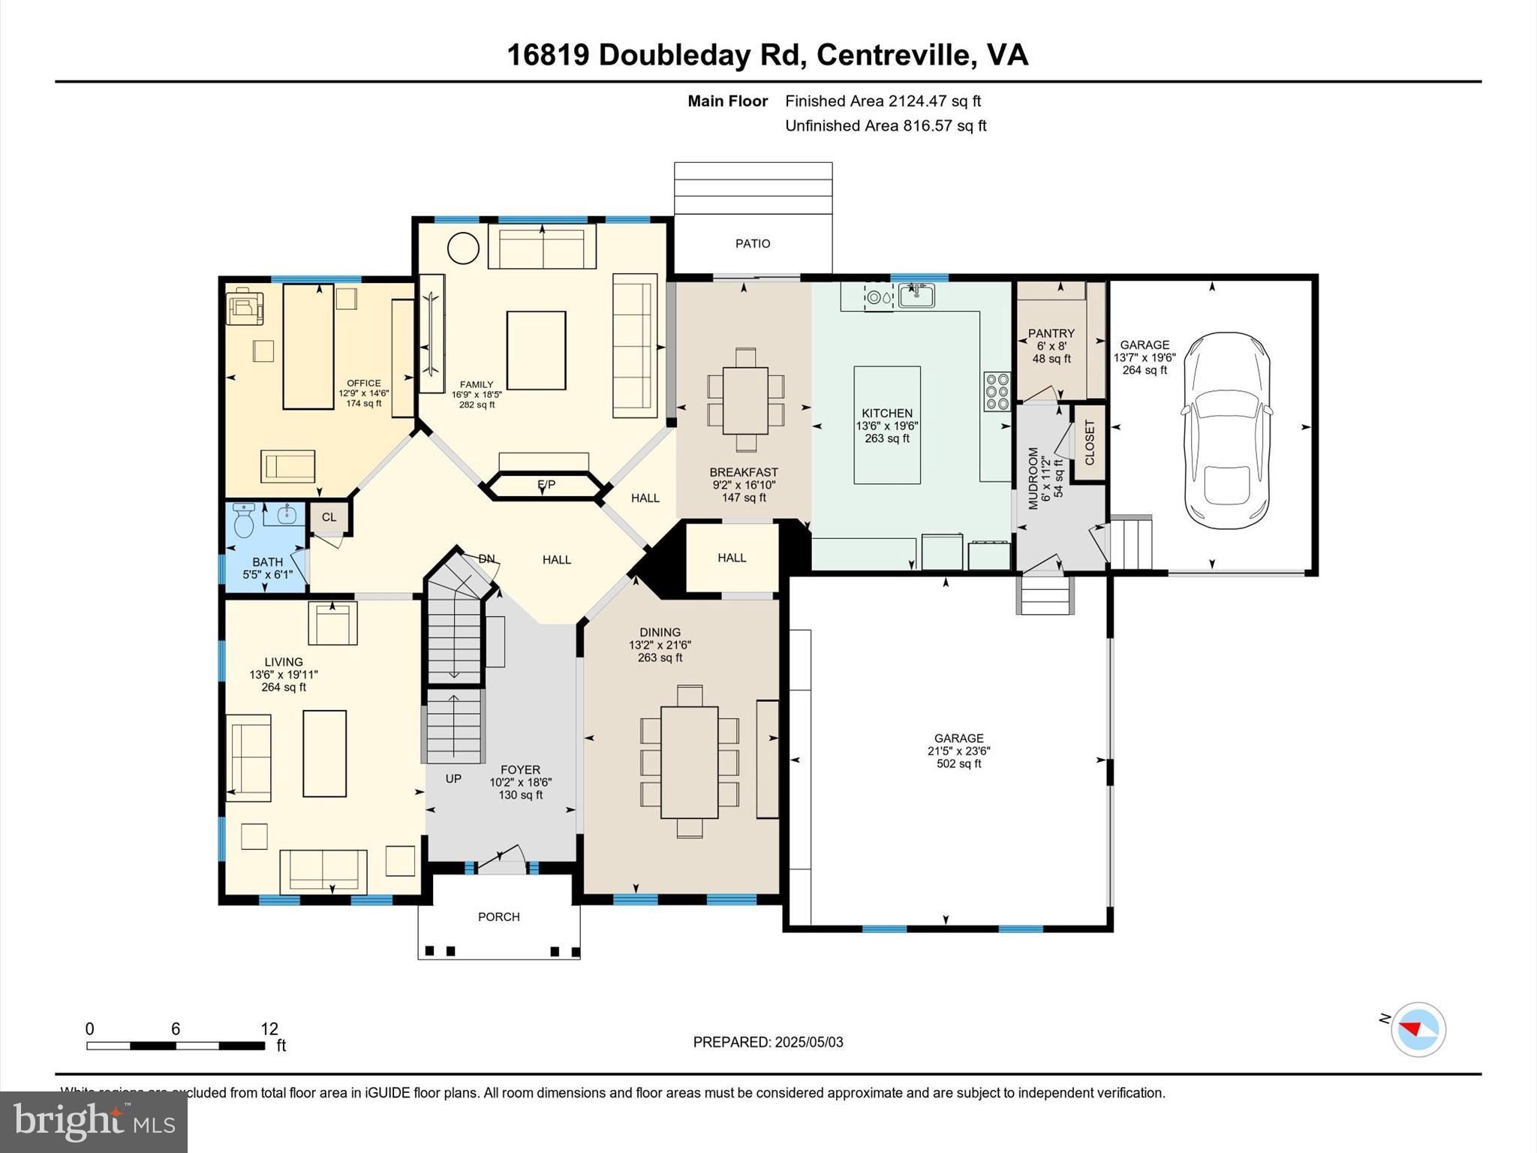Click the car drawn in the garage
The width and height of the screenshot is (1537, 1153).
(x=1227, y=432)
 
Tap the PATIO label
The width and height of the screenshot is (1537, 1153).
(x=753, y=244)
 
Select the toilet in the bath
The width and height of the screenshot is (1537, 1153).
(x=244, y=520)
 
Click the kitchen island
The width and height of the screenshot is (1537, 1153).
(x=887, y=425)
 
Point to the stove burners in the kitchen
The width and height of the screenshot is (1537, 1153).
(x=997, y=392)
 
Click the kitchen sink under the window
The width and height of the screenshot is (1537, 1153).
(x=916, y=297)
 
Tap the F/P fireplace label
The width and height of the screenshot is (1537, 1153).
(x=546, y=486)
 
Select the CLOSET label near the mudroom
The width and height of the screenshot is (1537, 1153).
(x=1090, y=443)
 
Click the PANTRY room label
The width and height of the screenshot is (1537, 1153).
(x=1051, y=333)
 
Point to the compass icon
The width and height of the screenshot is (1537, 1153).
(x=1418, y=1029)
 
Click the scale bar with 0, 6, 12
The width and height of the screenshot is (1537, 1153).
(x=176, y=1045)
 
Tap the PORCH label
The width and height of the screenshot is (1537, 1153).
(x=499, y=917)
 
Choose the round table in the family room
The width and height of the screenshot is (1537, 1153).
(x=463, y=248)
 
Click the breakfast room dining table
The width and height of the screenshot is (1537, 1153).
(x=745, y=400)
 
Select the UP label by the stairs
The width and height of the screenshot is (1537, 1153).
(x=453, y=778)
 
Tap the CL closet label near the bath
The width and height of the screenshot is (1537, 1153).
(x=329, y=517)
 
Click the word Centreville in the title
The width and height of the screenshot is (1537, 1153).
(x=892, y=55)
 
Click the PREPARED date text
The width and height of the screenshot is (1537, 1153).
(x=768, y=1042)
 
